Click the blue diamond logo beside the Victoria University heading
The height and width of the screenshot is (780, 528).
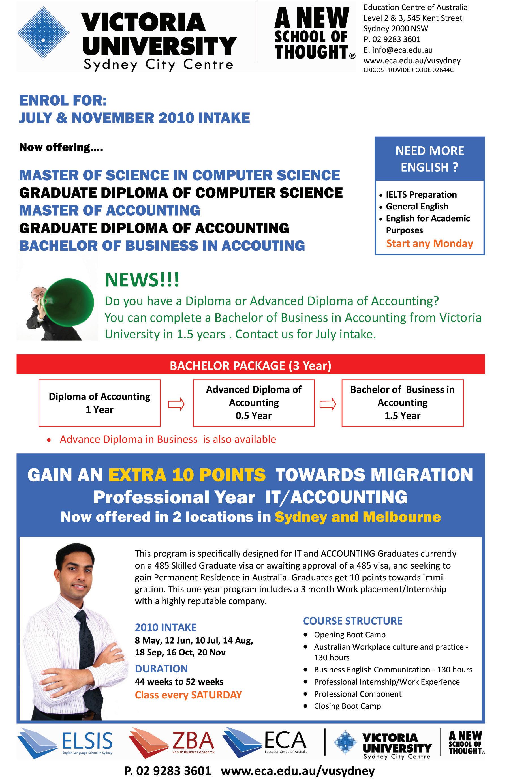click(43, 33)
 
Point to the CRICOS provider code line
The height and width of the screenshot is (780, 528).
click(408, 70)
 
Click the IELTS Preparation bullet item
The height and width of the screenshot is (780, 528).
click(421, 195)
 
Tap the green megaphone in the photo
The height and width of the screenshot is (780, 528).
click(70, 299)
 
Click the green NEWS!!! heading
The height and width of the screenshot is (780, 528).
click(142, 280)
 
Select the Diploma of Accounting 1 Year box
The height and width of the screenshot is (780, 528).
click(99, 403)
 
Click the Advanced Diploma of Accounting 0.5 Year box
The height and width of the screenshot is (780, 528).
click(253, 403)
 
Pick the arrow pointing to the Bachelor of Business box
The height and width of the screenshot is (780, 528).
click(328, 404)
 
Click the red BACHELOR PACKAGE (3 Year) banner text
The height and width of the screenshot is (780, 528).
click(250, 365)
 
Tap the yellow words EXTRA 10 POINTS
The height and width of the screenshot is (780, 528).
click(187, 475)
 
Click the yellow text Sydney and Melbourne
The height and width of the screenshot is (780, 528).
click(358, 517)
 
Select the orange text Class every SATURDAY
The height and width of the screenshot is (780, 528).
click(188, 695)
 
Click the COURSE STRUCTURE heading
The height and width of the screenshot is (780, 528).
click(352, 621)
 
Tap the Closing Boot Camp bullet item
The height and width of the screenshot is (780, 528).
click(347, 706)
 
